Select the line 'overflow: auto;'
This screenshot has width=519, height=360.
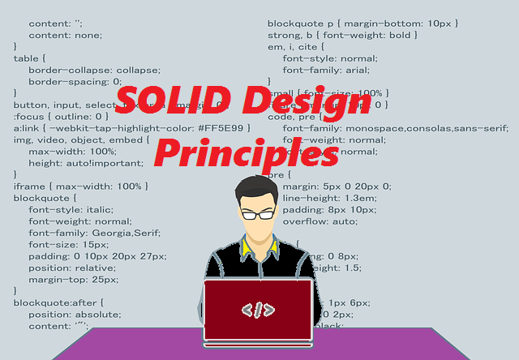click(320, 221)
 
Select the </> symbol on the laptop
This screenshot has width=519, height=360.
click(258, 309)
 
